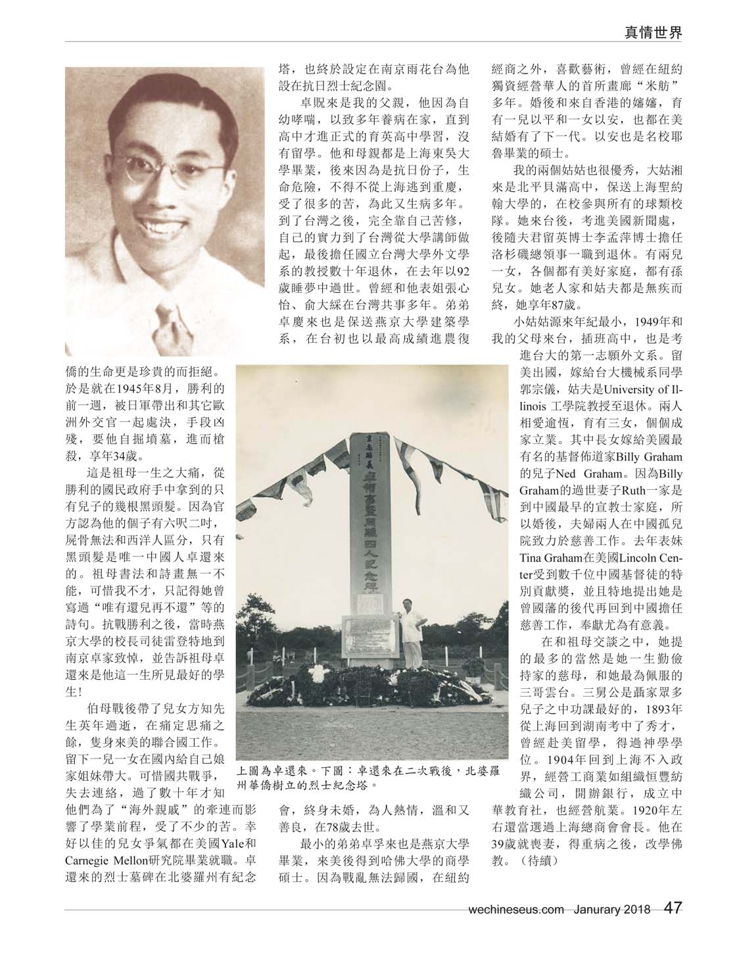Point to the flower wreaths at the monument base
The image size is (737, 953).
point(368,690)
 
